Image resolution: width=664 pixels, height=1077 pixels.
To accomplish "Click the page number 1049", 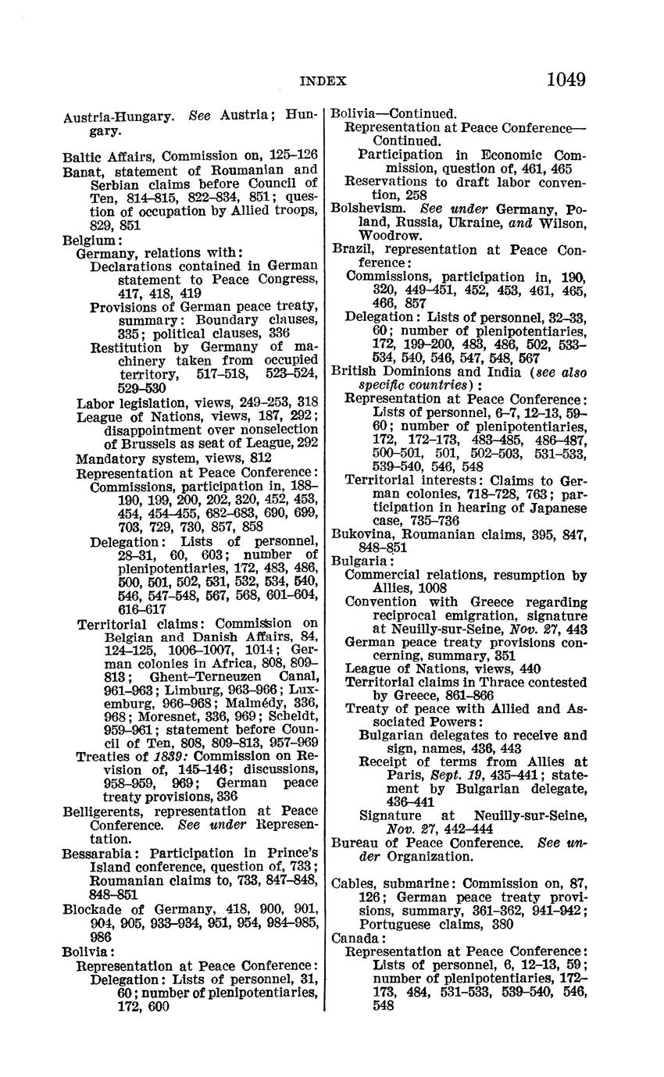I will pos(566,80).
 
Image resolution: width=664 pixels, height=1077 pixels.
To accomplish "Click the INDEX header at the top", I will pos(323,80).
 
